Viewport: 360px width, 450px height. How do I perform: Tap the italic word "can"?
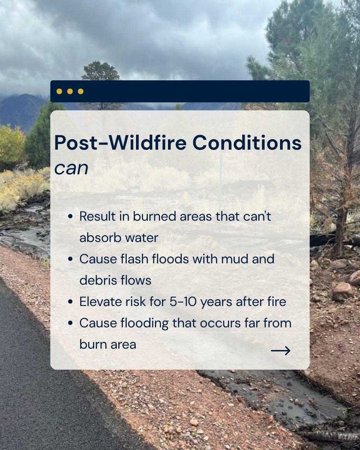[x=71, y=169]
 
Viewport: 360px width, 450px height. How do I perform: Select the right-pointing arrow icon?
[x=280, y=351]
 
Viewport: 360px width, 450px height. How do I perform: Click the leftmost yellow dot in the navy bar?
[x=59, y=91]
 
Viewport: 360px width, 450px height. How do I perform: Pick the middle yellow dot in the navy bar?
[x=70, y=91]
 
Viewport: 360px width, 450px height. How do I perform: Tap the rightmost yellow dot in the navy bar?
[x=80, y=91]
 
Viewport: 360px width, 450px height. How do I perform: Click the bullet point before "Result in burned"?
[x=70, y=217]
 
